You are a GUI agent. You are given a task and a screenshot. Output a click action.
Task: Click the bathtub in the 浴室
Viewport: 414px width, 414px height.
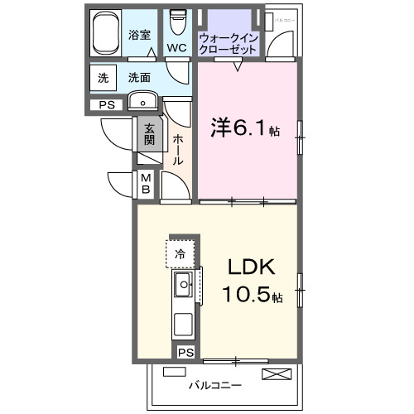[x=106, y=34]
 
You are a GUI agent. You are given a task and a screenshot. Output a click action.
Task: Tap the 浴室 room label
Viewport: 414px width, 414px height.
[x=139, y=35]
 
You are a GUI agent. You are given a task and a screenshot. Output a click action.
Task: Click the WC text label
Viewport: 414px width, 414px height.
[x=176, y=48]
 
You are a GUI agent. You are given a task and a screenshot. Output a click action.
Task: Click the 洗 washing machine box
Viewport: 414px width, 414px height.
[x=103, y=78]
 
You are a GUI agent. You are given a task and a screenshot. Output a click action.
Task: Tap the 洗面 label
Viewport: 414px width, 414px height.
[x=139, y=78]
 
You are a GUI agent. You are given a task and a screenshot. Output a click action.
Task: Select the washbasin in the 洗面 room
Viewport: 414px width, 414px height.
[x=144, y=103]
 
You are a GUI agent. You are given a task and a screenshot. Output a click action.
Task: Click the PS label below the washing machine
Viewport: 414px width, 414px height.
[x=105, y=104]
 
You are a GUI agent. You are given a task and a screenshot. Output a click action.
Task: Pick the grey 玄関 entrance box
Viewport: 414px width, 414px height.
[x=149, y=134]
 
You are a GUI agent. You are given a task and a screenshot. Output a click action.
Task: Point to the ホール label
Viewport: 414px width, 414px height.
[x=178, y=149]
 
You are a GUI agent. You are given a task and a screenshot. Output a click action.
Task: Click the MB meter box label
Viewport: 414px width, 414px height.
[x=145, y=184]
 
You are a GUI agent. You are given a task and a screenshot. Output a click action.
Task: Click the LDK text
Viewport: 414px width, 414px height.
[x=250, y=268]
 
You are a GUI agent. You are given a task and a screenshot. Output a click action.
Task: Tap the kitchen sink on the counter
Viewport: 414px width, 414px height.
[x=183, y=286]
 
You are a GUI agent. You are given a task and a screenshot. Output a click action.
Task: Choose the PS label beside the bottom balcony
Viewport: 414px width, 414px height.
[x=185, y=352]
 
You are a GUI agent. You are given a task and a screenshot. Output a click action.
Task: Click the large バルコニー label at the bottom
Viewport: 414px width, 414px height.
[x=214, y=385]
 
